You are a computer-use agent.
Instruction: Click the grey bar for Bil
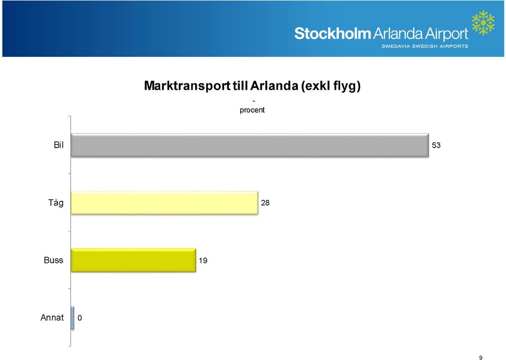[x=250, y=145]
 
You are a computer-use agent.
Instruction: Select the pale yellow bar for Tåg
[x=164, y=202]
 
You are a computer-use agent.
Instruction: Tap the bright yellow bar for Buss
[x=133, y=260]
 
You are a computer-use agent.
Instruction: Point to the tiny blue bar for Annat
[x=73, y=318]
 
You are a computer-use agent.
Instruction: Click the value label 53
[x=436, y=145]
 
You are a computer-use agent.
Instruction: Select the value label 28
[x=265, y=202]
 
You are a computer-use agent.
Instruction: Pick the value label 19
[x=203, y=260]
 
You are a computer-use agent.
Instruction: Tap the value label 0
[x=80, y=318]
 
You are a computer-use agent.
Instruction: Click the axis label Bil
[x=59, y=145]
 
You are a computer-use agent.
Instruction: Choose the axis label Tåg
[x=56, y=203]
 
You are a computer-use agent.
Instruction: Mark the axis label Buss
[x=54, y=260]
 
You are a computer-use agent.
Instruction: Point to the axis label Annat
[x=52, y=318]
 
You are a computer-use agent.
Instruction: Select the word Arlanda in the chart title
[x=274, y=85]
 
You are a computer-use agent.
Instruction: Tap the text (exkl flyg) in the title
[x=331, y=86]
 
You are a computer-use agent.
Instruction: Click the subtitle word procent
[x=252, y=110]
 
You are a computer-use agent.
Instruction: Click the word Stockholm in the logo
[x=333, y=34]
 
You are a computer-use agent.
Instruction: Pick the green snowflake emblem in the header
[x=483, y=23]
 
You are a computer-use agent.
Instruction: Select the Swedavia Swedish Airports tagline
[x=425, y=46]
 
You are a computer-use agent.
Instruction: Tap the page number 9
[x=481, y=357]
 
